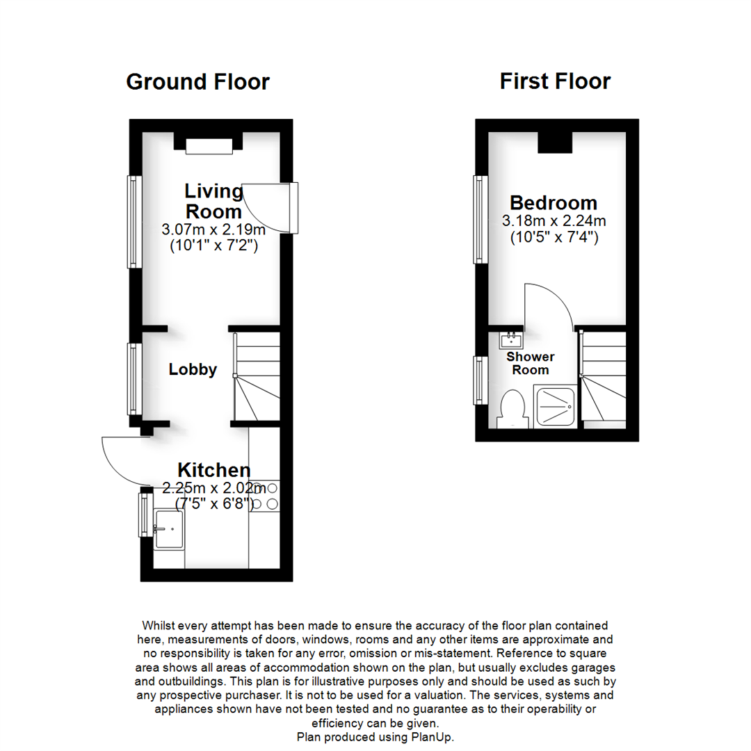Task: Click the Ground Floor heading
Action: tap(197, 82)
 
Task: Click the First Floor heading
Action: tap(555, 81)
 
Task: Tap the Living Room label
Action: tap(213, 200)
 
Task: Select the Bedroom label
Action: tap(554, 203)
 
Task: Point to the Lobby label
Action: tap(193, 370)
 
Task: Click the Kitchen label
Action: tap(213, 469)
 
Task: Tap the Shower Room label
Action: tap(531, 363)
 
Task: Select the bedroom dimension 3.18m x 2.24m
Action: tap(554, 222)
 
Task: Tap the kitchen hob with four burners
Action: tap(265, 496)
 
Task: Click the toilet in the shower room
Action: tap(512, 407)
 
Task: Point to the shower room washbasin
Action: tap(511, 339)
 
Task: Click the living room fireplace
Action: tap(209, 145)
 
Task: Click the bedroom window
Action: tap(479, 219)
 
